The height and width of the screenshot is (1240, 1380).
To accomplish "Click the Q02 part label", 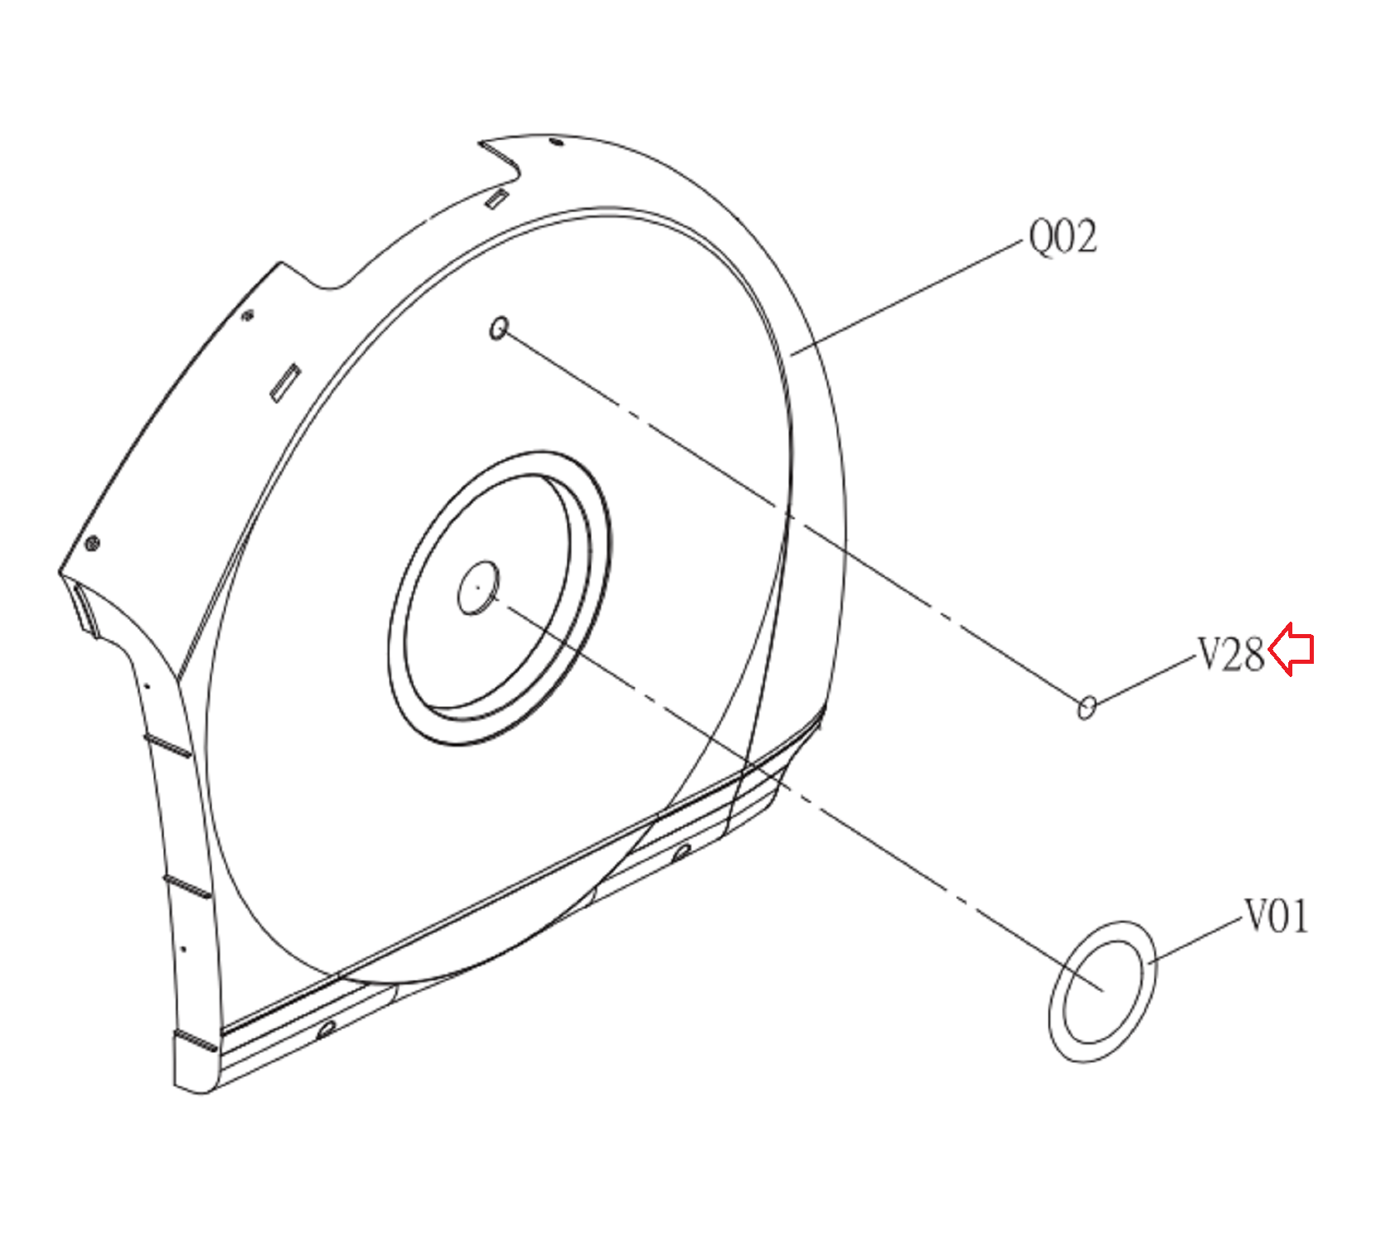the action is [1062, 236].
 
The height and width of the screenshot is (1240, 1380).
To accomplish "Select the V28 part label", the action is [1231, 655].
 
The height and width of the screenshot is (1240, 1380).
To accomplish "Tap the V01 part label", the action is [1277, 917].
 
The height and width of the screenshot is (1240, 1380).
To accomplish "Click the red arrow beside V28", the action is [1291, 649].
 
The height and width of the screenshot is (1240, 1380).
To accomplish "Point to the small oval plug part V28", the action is [1087, 707].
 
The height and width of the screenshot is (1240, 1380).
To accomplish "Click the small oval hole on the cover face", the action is [499, 328].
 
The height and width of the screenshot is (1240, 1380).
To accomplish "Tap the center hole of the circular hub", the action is [479, 588].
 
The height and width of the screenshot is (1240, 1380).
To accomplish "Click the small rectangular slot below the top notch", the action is [496, 198].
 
